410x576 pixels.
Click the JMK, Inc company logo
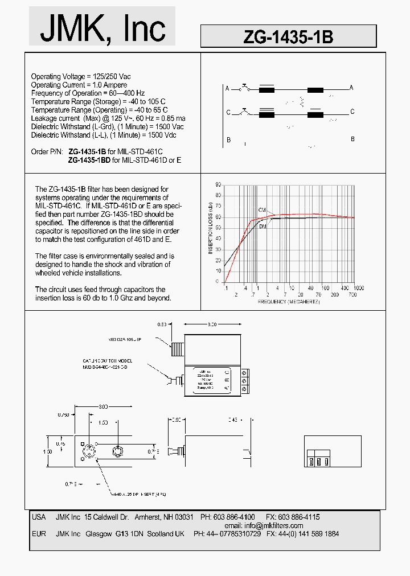[x=102, y=27]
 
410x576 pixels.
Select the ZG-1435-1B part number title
[x=288, y=37]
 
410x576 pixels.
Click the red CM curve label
[x=262, y=210]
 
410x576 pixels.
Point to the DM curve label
[x=263, y=227]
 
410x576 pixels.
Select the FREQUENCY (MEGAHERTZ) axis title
[x=289, y=301]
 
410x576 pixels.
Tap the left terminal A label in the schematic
[x=227, y=89]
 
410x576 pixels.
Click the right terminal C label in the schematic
[x=352, y=112]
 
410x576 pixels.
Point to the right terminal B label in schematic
[x=352, y=139]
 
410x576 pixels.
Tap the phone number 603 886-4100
[x=236, y=517]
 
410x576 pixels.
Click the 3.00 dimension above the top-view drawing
[x=211, y=324]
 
